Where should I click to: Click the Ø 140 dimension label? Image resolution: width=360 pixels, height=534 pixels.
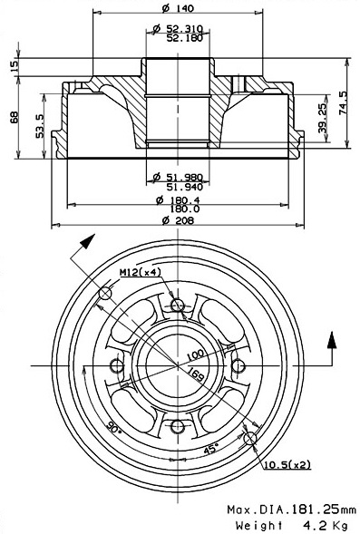(178, 8)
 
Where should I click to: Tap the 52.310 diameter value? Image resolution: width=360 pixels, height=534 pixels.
(185, 29)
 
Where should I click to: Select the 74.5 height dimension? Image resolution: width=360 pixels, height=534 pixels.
(344, 102)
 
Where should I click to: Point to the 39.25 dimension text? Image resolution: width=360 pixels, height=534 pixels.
(323, 118)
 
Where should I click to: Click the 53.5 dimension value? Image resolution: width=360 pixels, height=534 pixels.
(41, 126)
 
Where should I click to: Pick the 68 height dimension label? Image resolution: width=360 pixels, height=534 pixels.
(15, 118)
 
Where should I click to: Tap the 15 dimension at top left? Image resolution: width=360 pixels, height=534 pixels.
(14, 66)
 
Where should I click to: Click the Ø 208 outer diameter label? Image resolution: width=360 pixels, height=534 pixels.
(178, 220)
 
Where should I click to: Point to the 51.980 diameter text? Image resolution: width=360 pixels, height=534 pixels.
(185, 177)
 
